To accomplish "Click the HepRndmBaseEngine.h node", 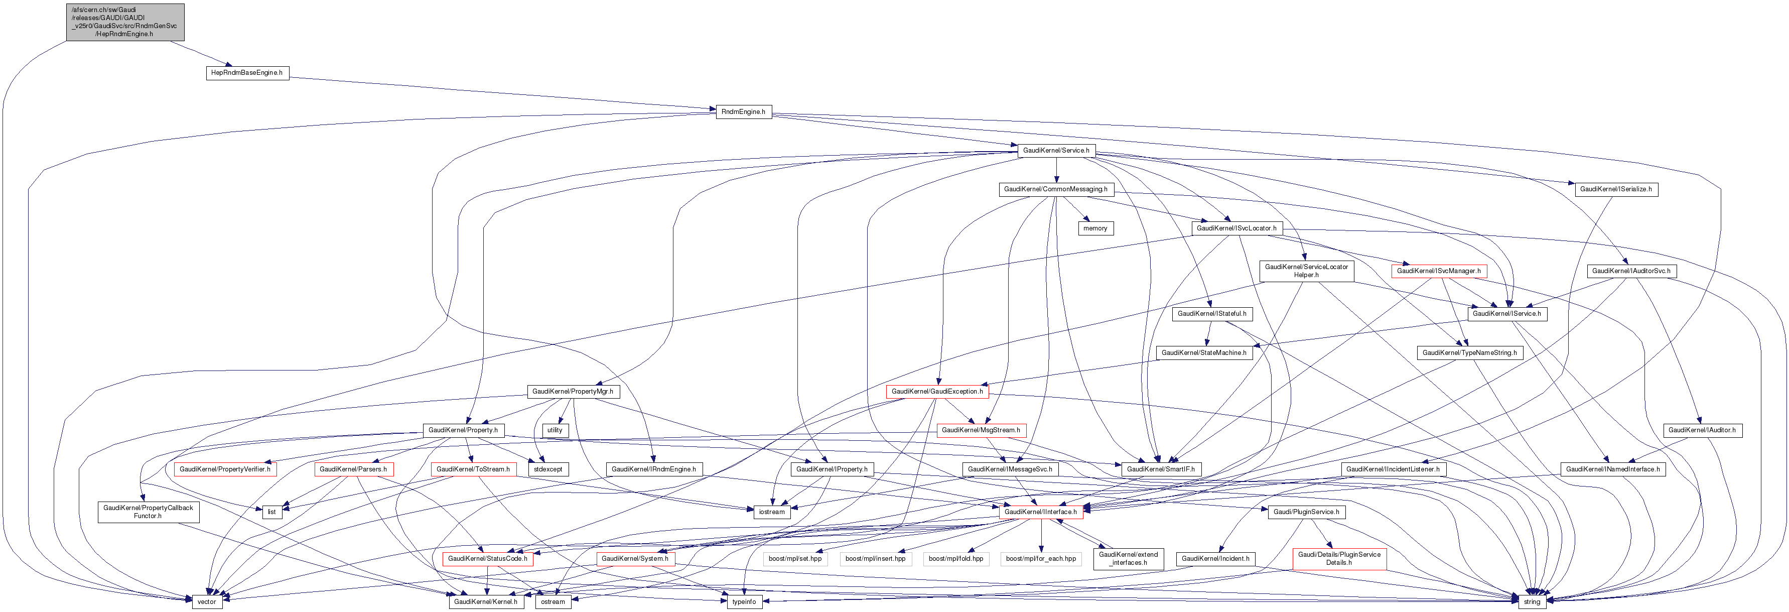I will pyautogui.click(x=246, y=73).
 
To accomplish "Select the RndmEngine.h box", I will pyautogui.click(x=743, y=112).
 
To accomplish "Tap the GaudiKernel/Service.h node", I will pyautogui.click(x=1056, y=151).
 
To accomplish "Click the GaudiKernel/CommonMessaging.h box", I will pyautogui.click(x=1056, y=190).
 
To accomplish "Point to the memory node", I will pyautogui.click(x=1095, y=228).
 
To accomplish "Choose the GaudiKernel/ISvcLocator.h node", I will pyautogui.click(x=1236, y=228).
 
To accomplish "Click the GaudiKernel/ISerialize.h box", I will pyautogui.click(x=1615, y=190).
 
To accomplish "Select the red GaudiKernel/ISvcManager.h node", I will pyautogui.click(x=1438, y=271).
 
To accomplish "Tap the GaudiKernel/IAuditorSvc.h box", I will pyautogui.click(x=1630, y=271).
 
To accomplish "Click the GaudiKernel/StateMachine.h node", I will pyautogui.click(x=1203, y=353).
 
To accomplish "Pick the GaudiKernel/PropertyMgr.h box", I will pyautogui.click(x=572, y=392).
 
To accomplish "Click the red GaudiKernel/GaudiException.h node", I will pyautogui.click(x=937, y=392).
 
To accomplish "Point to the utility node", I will pyautogui.click(x=554, y=431).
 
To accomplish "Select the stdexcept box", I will pyautogui.click(x=548, y=469).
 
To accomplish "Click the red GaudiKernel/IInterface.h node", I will pyautogui.click(x=1040, y=512).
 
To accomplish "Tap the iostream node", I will pyautogui.click(x=772, y=512).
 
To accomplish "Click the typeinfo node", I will pyautogui.click(x=744, y=601).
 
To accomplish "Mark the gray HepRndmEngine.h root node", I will pyautogui.click(x=125, y=22).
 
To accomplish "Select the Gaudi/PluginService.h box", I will pyautogui.click(x=1306, y=512).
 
